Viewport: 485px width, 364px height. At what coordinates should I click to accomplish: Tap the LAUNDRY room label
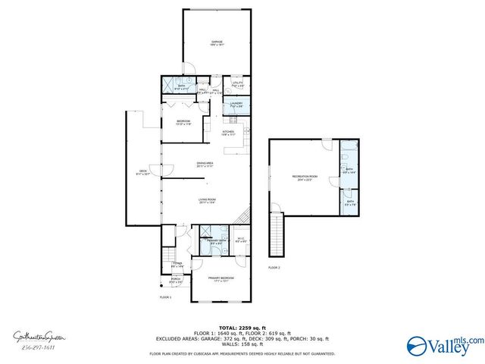click(236, 105)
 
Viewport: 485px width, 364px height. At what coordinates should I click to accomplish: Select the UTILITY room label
click(237, 84)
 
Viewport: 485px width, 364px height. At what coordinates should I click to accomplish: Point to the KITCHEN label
click(228, 132)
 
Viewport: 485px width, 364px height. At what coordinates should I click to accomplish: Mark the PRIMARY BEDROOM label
click(221, 278)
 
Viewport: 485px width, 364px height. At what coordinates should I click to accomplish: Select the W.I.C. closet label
click(240, 241)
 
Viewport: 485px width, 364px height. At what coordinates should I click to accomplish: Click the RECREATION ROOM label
click(304, 177)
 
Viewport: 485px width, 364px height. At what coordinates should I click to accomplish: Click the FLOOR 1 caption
click(165, 297)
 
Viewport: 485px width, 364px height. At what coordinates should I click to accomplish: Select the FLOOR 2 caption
click(274, 268)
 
